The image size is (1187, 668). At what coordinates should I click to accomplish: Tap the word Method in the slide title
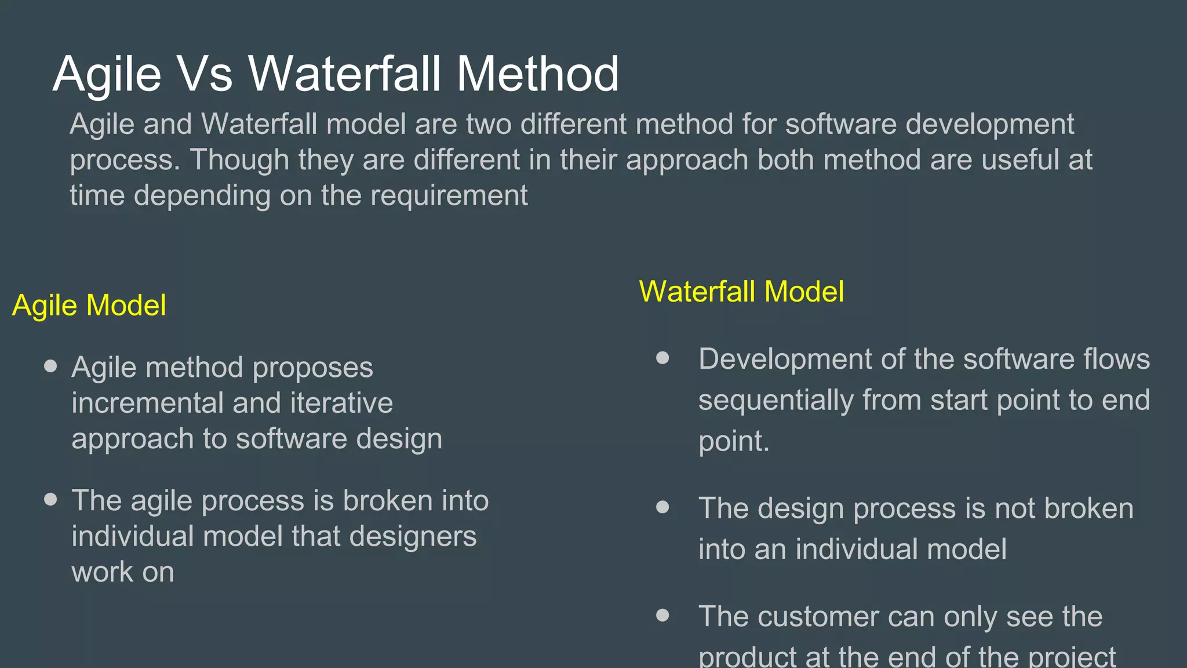tap(538, 74)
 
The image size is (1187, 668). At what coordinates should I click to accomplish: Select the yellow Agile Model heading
tap(89, 306)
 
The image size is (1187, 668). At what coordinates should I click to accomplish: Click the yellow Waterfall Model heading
tap(741, 292)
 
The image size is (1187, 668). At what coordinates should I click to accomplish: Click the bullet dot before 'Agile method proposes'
tap(51, 366)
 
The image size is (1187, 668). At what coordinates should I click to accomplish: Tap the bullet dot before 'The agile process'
tap(51, 499)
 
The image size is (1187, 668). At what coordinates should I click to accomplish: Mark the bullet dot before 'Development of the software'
tap(662, 358)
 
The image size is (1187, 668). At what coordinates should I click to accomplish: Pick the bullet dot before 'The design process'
tap(662, 507)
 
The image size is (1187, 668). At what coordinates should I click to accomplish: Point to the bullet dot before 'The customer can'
tap(662, 615)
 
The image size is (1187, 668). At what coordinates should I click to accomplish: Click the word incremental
tap(148, 403)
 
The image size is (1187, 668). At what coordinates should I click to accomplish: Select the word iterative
tap(341, 403)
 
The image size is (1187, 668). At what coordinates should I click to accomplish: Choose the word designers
tap(413, 536)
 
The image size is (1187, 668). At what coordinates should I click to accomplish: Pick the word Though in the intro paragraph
tap(239, 159)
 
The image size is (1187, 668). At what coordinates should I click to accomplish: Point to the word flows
tap(1117, 359)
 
